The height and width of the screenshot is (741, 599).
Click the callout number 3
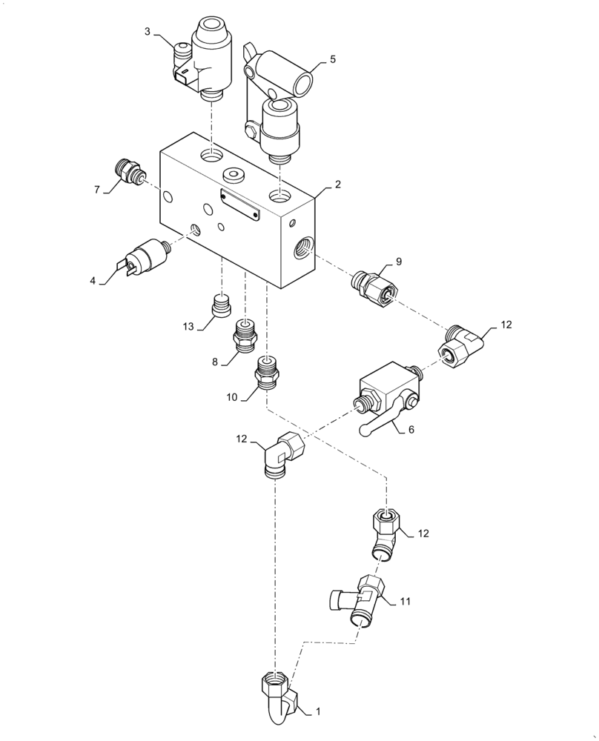point(148,31)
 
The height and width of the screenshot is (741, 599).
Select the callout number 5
point(333,60)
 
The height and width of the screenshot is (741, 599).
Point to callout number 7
point(97,190)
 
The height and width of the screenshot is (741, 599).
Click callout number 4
point(93,281)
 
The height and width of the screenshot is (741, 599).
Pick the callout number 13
point(189,328)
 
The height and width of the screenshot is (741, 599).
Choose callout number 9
point(398,262)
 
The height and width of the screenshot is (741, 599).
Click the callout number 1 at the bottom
point(318,711)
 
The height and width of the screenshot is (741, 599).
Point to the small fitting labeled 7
point(130,172)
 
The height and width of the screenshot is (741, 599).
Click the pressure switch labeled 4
point(148,255)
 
